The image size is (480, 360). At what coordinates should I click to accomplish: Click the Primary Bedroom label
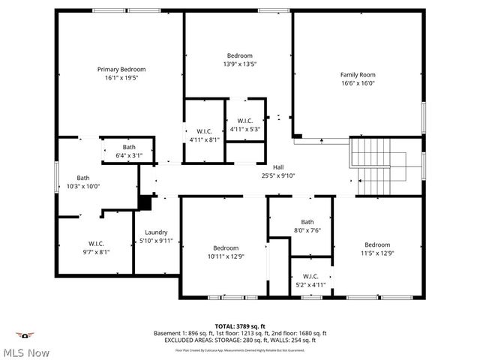coord(121,69)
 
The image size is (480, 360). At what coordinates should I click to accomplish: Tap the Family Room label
coord(358,74)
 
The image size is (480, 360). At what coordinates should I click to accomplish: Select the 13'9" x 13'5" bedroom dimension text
coord(240,64)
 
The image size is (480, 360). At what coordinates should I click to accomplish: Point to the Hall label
coord(278,167)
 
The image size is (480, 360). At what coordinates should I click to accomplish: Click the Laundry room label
coord(156,232)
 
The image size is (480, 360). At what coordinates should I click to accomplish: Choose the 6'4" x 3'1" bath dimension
coord(129,155)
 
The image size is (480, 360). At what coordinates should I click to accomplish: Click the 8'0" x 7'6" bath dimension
coord(307,230)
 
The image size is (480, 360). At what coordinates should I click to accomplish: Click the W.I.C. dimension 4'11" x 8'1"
coord(205,139)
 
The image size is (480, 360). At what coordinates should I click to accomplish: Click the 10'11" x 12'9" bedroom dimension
coord(225,256)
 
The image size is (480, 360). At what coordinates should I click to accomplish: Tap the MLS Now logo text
coord(25,352)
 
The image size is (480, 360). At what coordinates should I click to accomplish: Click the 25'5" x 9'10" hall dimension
coord(278,175)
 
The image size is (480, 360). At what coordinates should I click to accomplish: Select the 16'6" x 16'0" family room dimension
coord(358,83)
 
